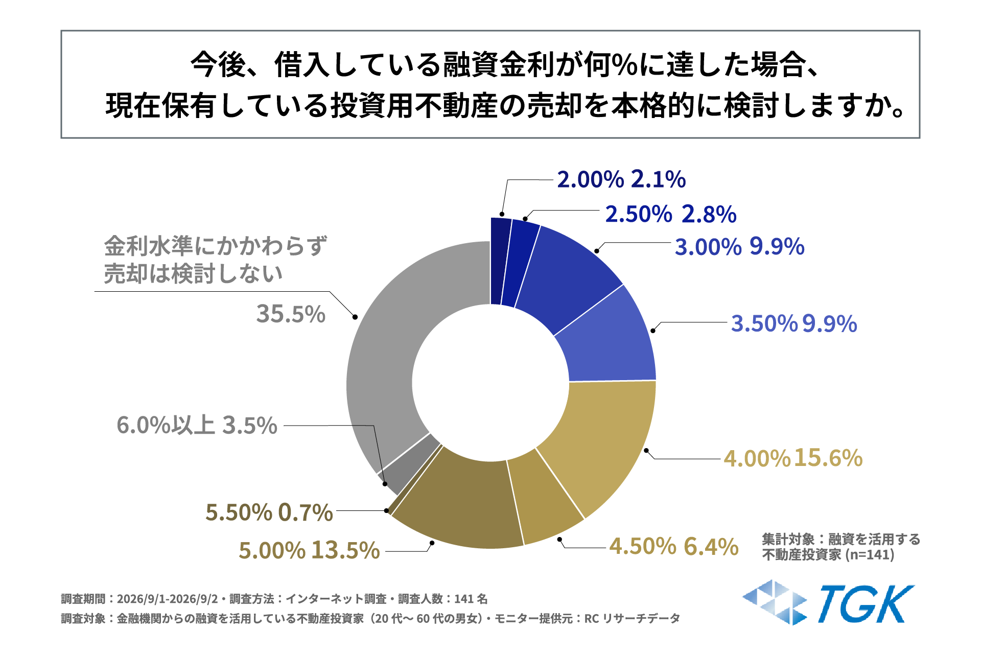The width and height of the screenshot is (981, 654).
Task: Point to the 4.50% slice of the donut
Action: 547,496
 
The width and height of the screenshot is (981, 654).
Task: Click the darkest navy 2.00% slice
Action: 500,261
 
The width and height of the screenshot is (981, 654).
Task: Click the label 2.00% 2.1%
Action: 621,179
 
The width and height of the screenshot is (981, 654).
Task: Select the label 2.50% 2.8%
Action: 670,214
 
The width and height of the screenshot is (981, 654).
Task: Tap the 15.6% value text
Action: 828,458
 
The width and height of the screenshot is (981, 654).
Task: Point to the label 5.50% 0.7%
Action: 269,512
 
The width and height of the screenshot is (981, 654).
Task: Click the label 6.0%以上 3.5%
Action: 197,425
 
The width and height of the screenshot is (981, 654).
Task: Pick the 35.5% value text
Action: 291,314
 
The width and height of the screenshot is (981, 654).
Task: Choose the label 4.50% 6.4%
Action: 674,546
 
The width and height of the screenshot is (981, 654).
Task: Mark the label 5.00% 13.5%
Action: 309,550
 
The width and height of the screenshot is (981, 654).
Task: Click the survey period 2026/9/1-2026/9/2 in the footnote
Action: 168,599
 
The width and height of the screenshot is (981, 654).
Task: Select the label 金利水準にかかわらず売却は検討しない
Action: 215,260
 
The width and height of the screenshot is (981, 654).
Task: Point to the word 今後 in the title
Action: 219,65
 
